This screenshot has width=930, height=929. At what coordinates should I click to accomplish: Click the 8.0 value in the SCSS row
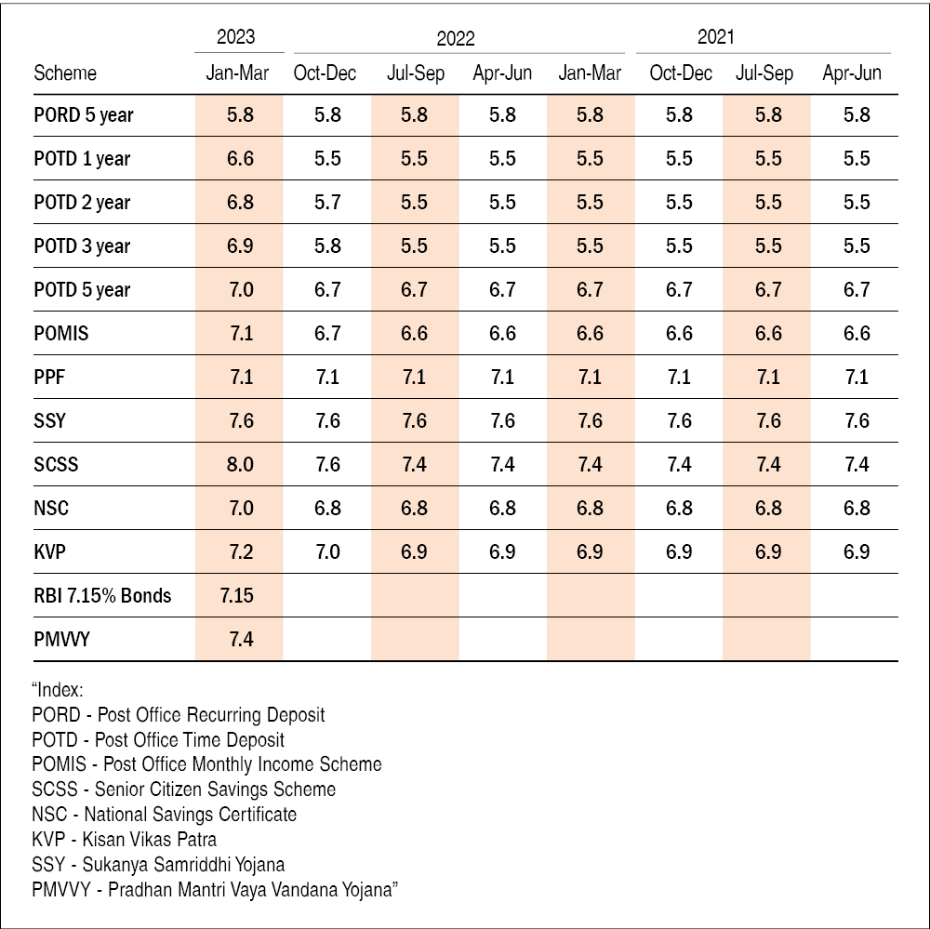pos(240,464)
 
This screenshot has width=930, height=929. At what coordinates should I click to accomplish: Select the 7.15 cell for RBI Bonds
pos(237,595)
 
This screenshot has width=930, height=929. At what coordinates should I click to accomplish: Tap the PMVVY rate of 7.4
pos(240,639)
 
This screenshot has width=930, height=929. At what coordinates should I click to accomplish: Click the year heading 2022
pos(456,38)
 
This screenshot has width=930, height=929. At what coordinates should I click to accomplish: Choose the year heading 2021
pos(716,37)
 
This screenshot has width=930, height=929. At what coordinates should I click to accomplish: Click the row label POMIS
pos(61,333)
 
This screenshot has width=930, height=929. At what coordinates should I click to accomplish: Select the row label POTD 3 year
pos(82,246)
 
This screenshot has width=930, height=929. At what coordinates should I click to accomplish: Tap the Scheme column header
pos(65,73)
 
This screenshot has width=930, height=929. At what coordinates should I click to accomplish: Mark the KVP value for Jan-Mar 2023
pos(240,551)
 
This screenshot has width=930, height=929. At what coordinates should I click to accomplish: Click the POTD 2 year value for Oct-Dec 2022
pos(327,202)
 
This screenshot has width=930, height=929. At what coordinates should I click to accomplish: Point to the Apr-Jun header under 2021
pos(852,73)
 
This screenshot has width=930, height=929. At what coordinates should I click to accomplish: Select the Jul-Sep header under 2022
pos(416,73)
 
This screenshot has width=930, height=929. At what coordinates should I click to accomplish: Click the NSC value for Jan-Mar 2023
pos(240,508)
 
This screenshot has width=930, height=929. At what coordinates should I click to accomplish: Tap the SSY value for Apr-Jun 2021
pos(857,420)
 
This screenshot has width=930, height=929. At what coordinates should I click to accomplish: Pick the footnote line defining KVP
pos(124,839)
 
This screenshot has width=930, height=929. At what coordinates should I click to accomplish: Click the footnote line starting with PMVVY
pos(215,889)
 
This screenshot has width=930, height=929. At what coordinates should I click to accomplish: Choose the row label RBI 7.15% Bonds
pos(102,595)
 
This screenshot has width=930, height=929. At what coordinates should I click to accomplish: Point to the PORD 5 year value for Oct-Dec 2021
pos(680,114)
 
